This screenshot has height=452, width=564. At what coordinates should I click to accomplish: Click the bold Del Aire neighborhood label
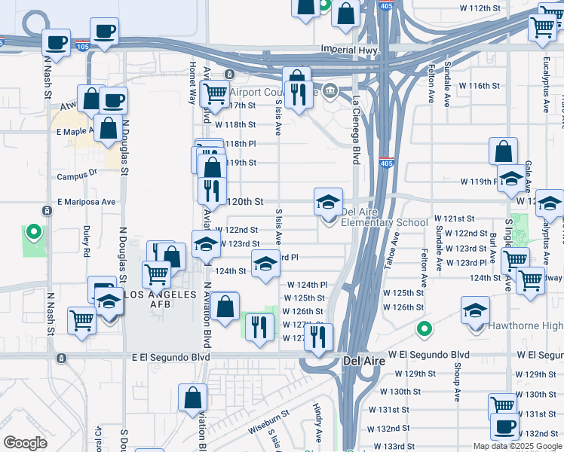click(x=364, y=362)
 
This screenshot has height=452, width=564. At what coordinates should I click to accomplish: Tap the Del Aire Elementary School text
click(x=385, y=222)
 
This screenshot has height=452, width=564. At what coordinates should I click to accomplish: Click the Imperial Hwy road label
click(x=348, y=49)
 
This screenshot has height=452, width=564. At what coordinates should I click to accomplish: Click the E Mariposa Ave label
click(x=87, y=202)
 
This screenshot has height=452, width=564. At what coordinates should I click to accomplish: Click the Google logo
click(x=25, y=443)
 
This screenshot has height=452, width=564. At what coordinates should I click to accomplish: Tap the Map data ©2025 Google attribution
click(x=516, y=446)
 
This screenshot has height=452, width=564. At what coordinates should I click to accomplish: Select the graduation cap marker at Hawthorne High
click(x=475, y=310)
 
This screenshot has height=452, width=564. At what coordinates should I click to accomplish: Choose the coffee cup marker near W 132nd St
click(x=504, y=426)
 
